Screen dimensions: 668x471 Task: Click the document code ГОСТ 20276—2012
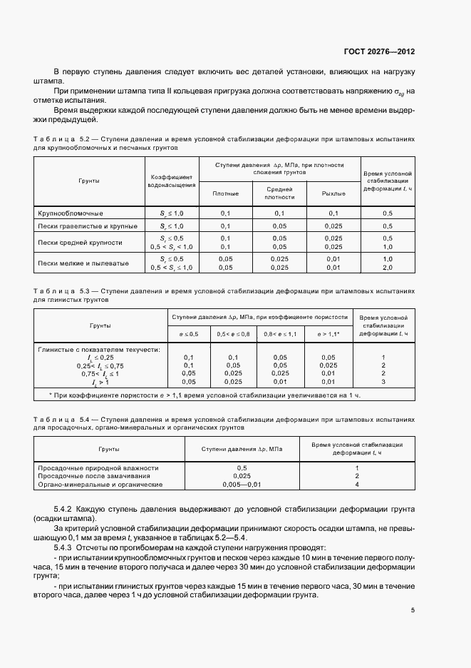pyautogui.click(x=378, y=52)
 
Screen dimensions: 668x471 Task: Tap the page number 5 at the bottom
pyautogui.click(x=413, y=609)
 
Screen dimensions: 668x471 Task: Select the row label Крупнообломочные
pyautogui.click(x=71, y=213)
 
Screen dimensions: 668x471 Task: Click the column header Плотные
pyautogui.click(x=226, y=193)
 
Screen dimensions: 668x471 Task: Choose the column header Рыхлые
pyautogui.click(x=333, y=193)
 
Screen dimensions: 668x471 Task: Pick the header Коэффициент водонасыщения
pyautogui.click(x=171, y=181)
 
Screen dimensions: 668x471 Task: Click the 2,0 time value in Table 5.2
pyautogui.click(x=388, y=268)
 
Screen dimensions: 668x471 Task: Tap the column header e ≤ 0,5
pyautogui.click(x=188, y=334)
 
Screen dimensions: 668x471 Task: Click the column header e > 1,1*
pyautogui.click(x=328, y=334)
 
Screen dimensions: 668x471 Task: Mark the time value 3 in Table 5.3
pyautogui.click(x=383, y=382)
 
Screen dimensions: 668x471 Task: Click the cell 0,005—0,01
pyautogui.click(x=242, y=484)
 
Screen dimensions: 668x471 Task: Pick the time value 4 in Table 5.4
pyautogui.click(x=356, y=484)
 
